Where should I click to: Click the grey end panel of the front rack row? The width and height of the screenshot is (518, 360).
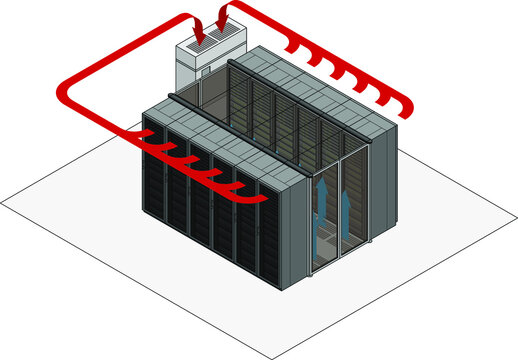click(x=284, y=235)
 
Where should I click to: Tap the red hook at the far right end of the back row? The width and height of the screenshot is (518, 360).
click(x=405, y=106)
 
